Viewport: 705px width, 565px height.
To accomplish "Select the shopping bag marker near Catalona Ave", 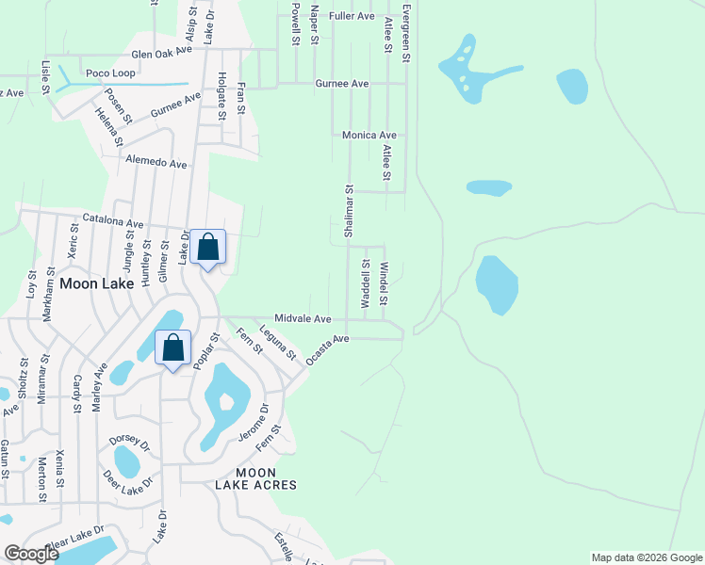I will tap(208, 249).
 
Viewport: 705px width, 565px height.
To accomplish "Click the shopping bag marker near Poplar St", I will tap(173, 348).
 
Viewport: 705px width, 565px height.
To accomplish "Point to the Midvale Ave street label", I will tap(303, 319).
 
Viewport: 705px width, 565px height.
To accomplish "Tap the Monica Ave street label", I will tap(369, 136).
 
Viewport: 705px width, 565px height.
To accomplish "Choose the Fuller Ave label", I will tap(352, 17).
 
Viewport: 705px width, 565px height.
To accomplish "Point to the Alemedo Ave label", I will tap(156, 163).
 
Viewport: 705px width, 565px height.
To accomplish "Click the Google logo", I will tap(31, 555).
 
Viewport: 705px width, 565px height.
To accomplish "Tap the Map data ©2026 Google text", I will tap(646, 557).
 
